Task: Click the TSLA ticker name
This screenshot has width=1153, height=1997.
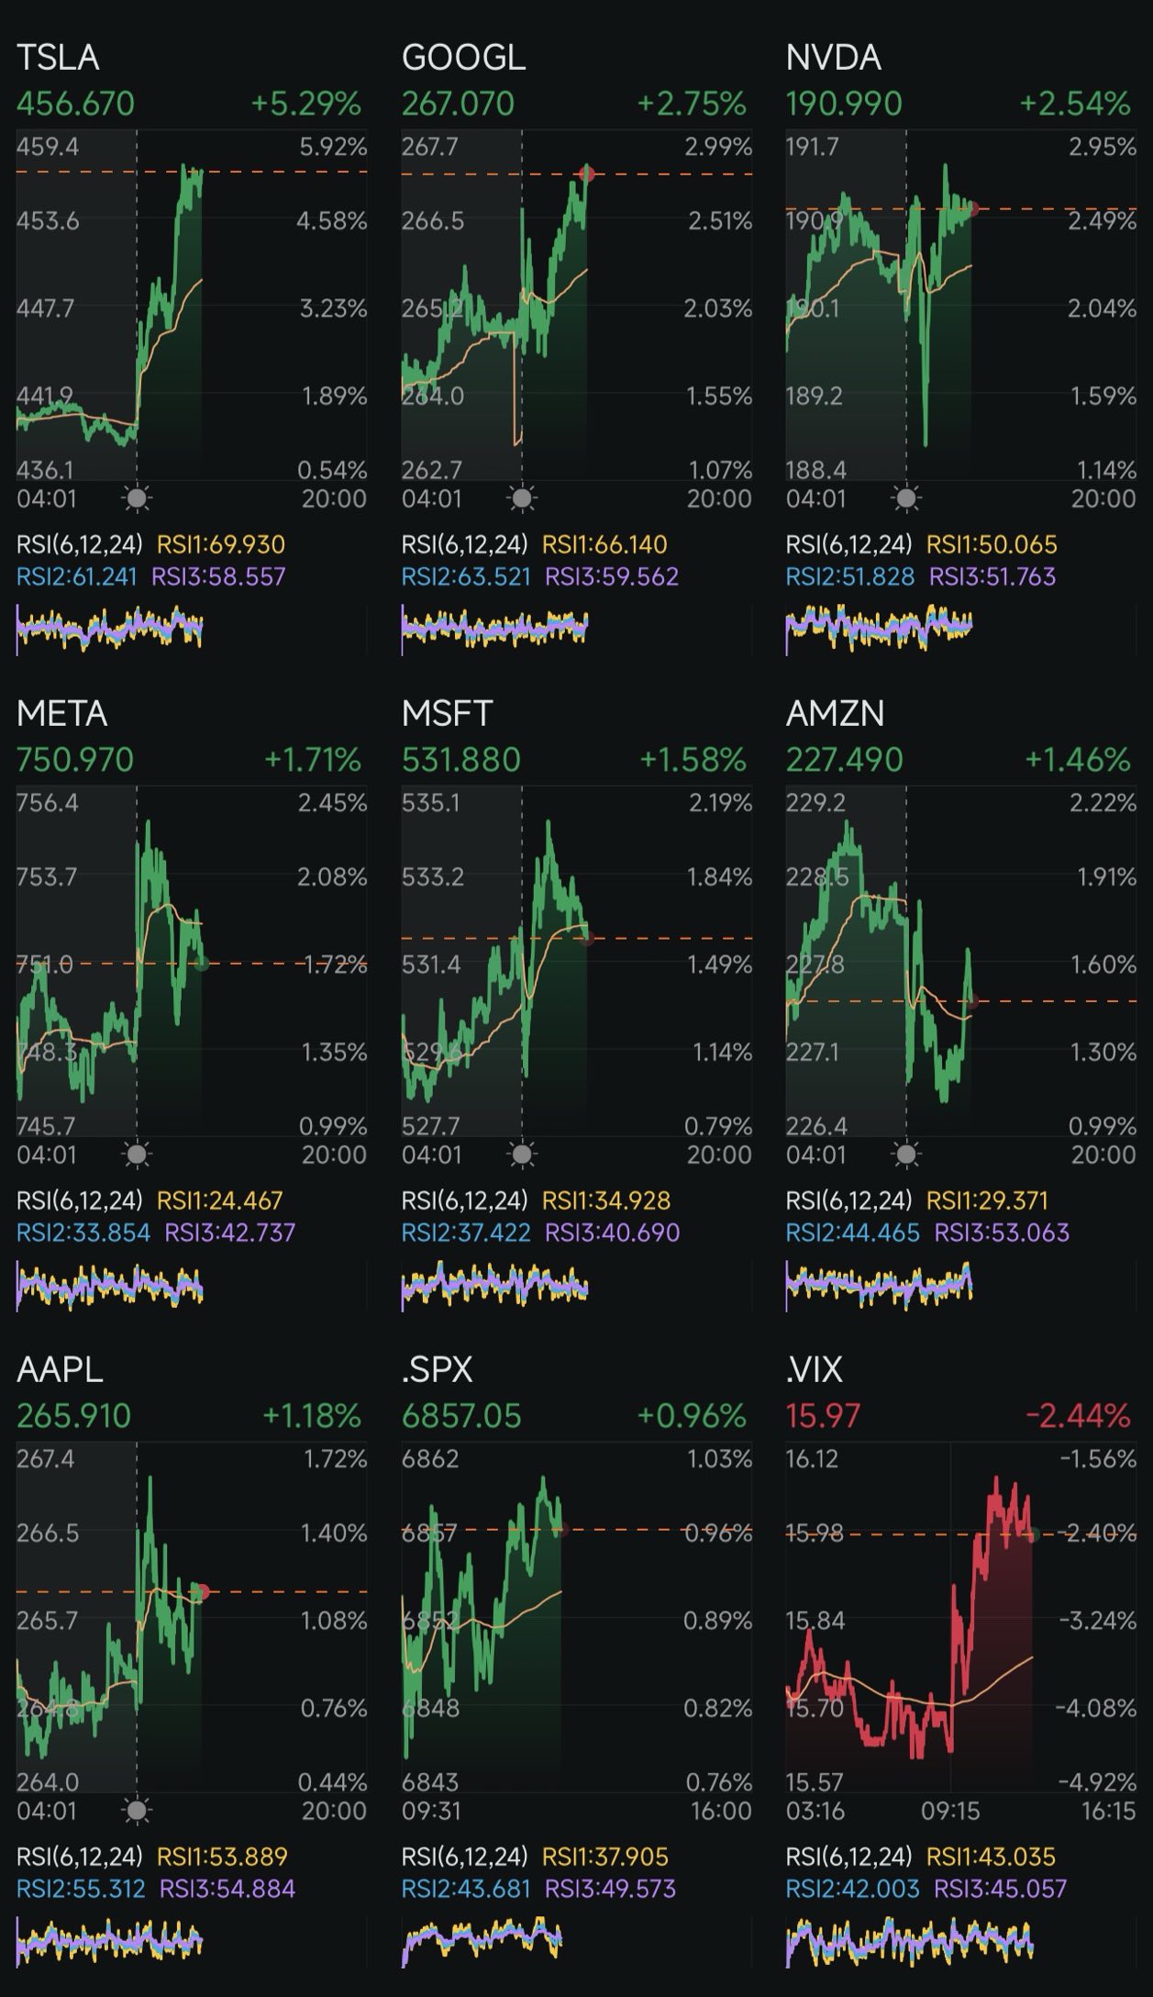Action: pyautogui.click(x=58, y=58)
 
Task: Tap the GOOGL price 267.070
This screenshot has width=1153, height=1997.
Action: pyautogui.click(x=458, y=104)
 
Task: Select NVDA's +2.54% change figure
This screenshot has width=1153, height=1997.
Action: pyautogui.click(x=1075, y=104)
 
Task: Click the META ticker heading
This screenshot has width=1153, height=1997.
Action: pyautogui.click(x=61, y=714)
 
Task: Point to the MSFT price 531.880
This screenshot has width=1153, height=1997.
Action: pyautogui.click(x=460, y=760)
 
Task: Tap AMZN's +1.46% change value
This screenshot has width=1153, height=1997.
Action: pyautogui.click(x=1077, y=760)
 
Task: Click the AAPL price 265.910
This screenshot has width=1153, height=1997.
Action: pyautogui.click(x=74, y=1416)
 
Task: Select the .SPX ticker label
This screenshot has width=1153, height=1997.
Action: pyautogui.click(x=437, y=1370)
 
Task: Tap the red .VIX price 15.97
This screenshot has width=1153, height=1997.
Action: pyautogui.click(x=823, y=1416)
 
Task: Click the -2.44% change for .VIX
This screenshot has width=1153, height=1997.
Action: pyautogui.click(x=1077, y=1416)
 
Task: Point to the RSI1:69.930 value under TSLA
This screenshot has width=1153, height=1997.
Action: pyautogui.click(x=221, y=545)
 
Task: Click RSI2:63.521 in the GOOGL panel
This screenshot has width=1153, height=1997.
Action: pyautogui.click(x=466, y=577)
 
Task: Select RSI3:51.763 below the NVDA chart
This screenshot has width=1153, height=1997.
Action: pyautogui.click(x=992, y=577)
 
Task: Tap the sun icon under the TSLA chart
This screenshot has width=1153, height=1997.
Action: pyautogui.click(x=137, y=498)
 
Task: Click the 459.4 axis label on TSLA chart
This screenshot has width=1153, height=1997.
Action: pyautogui.click(x=48, y=147)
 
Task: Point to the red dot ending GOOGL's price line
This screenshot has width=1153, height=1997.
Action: pyautogui.click(x=588, y=173)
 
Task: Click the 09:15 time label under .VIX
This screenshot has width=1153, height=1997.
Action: pyautogui.click(x=950, y=1811)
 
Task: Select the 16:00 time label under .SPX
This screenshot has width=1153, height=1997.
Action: pyautogui.click(x=721, y=1811)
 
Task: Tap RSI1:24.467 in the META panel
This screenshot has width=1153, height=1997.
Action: pyautogui.click(x=220, y=1200)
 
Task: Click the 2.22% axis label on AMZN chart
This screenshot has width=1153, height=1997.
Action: pyautogui.click(x=1103, y=803)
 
